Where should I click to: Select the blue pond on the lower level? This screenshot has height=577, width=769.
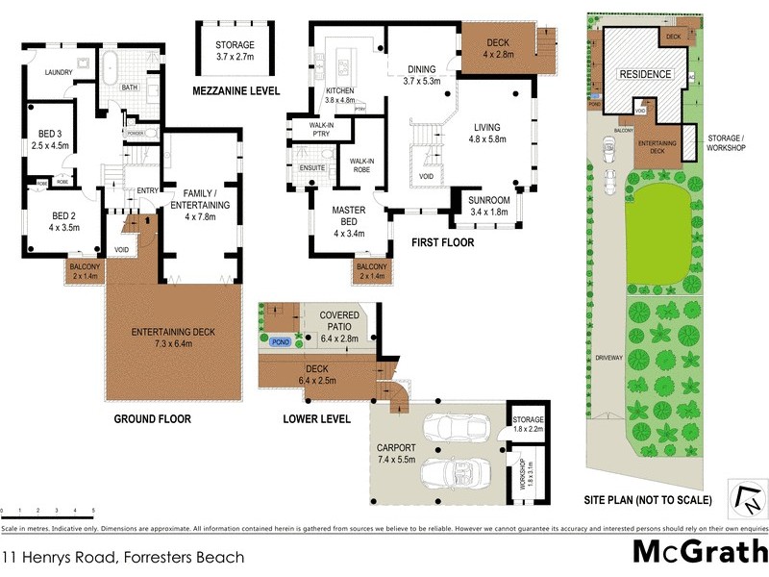280,340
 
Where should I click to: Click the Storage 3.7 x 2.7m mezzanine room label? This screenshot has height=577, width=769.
235,51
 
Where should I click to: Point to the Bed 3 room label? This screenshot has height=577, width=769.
48,138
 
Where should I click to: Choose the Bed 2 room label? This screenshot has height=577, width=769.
50,221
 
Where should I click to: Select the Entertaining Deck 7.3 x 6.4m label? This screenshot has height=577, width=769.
174,338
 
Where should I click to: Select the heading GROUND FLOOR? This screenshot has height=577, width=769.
152,418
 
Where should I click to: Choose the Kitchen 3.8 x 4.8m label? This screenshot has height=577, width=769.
340,94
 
